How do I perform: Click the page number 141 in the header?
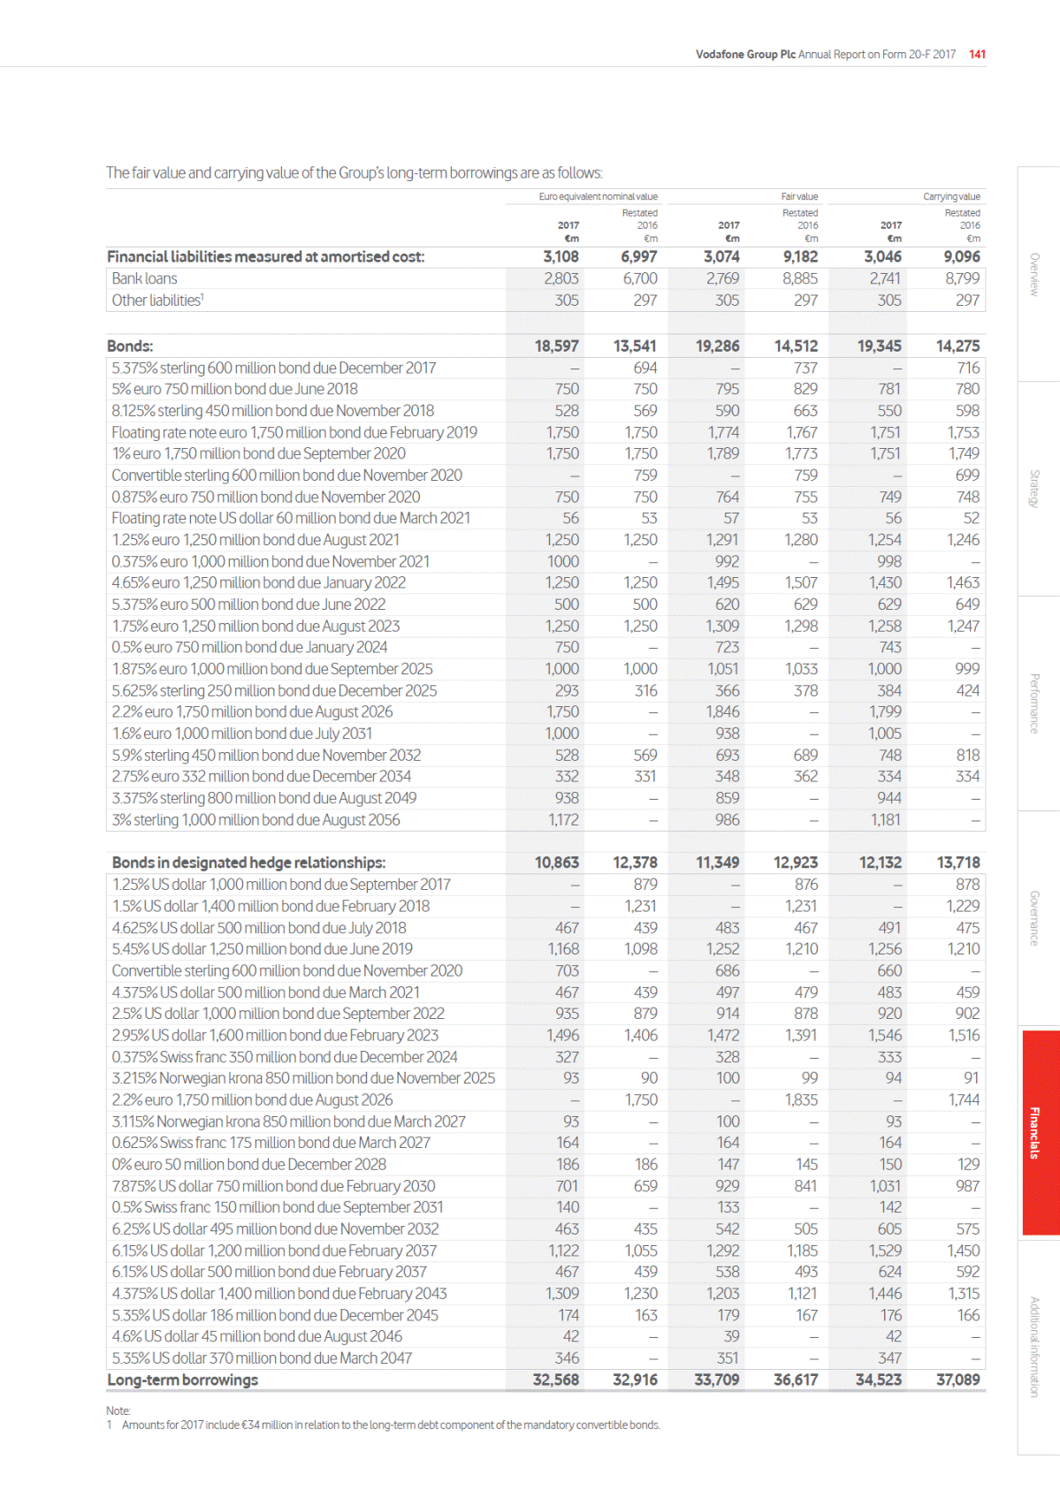pos(977,54)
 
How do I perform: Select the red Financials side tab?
pos(1034,1132)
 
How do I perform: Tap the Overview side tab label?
pos(1034,274)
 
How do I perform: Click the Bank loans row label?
pos(144,278)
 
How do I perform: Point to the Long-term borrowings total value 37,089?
pos(957,1380)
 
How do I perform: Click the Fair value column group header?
pos(799,196)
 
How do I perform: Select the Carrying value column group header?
pos(951,196)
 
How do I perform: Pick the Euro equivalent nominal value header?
pos(598,196)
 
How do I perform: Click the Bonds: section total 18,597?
pos(556,346)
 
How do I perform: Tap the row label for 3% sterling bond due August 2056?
pos(255,819)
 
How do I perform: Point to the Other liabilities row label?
pos(157,300)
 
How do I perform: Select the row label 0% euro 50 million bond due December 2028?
pos(248,1164)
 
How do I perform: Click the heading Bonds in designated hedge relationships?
pos(248,863)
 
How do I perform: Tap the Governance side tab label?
pos(1034,918)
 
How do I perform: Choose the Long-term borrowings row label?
pos(182,1380)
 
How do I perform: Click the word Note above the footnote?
pos(118,1411)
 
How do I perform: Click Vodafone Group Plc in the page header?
pos(745,54)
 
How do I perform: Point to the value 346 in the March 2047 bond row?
pos(567,1357)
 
